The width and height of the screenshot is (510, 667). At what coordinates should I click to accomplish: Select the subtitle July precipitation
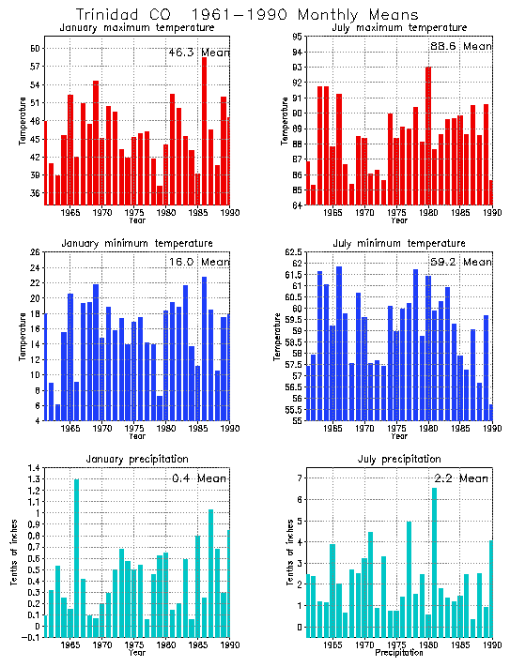tap(399, 459)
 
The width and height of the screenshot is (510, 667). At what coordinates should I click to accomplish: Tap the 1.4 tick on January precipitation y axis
tap(34, 468)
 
